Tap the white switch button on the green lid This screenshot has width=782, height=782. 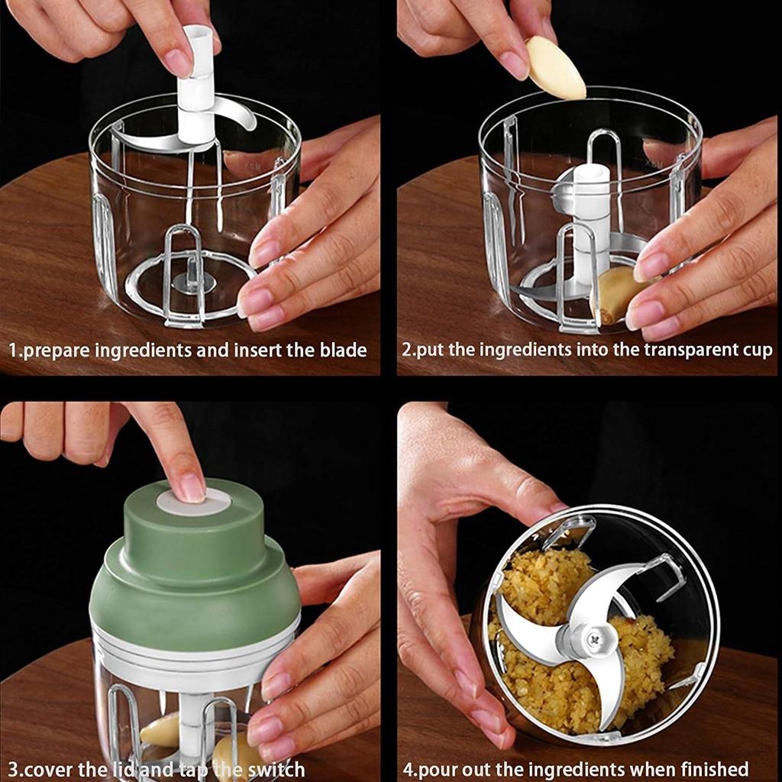pos(194,502)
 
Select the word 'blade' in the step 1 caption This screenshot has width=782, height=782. pos(342,351)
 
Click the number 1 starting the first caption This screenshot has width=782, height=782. pos(13,351)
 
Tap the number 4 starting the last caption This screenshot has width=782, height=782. pos(408,768)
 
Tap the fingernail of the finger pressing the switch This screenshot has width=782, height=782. pos(189,486)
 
